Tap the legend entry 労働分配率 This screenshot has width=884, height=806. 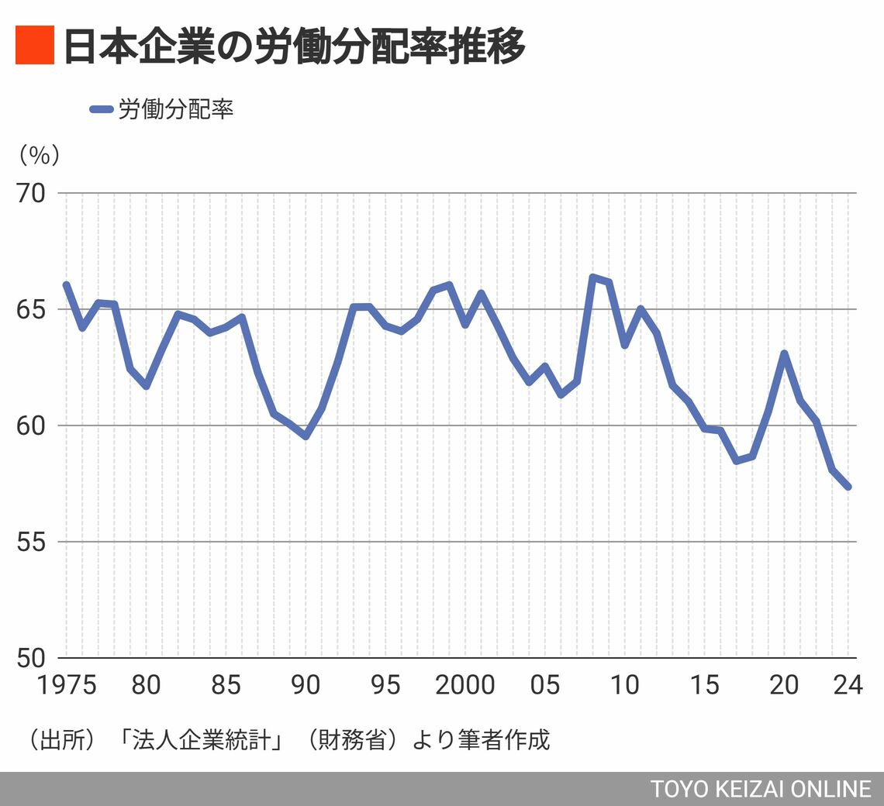pos(175,109)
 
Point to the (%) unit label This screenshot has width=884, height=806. pos(38,155)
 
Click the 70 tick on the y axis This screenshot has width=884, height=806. pos(31,193)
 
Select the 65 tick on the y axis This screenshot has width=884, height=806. pos(31,309)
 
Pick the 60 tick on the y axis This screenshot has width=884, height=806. pos(31,425)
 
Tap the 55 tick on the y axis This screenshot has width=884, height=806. pos(31,542)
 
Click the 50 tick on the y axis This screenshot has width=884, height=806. pos(31,658)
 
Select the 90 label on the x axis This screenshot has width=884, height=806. pos(306,685)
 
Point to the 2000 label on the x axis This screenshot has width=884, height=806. pos(465,685)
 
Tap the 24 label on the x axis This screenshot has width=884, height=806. pos(847,685)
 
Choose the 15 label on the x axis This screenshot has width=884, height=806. pos(705,685)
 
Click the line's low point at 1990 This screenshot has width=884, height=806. pos(306,436)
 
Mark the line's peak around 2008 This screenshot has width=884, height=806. pos(593,277)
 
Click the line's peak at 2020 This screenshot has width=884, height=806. pos(785,353)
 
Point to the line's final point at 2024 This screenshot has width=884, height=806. pos(848,487)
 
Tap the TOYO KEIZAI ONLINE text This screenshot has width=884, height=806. pos(761,789)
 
